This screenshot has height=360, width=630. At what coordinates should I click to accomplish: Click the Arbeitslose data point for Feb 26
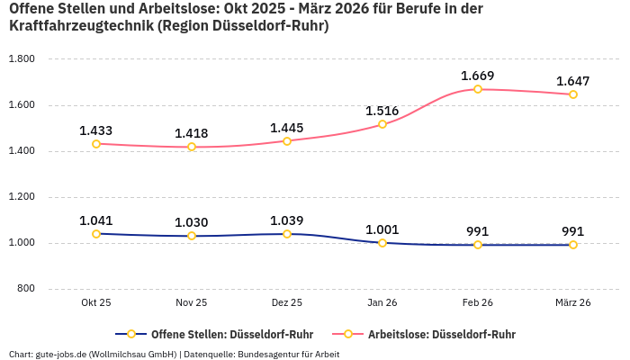[478, 89]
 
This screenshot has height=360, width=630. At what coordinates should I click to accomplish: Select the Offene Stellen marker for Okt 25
[96, 234]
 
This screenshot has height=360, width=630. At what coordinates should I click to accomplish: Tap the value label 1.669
[478, 76]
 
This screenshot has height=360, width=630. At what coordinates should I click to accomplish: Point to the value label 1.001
[382, 229]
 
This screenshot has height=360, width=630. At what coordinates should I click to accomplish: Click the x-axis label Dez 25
[287, 303]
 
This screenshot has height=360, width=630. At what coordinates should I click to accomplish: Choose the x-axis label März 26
[573, 303]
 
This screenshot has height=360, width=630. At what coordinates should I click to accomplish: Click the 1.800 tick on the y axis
[21, 59]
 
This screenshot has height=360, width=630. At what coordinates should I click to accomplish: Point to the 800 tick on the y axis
[25, 289]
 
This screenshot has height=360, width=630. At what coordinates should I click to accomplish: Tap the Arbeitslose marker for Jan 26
[382, 124]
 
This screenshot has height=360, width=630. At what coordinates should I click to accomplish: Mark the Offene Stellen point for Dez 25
[287, 234]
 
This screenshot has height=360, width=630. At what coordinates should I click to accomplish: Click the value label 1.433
[96, 130]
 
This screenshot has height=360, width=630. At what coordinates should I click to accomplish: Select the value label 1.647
[573, 81]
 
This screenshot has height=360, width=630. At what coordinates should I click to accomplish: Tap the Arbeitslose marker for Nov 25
[192, 147]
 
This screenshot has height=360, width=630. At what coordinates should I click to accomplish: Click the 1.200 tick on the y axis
[21, 197]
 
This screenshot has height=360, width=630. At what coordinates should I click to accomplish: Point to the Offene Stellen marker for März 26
[573, 245]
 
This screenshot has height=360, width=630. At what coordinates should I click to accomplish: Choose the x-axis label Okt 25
[96, 303]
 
